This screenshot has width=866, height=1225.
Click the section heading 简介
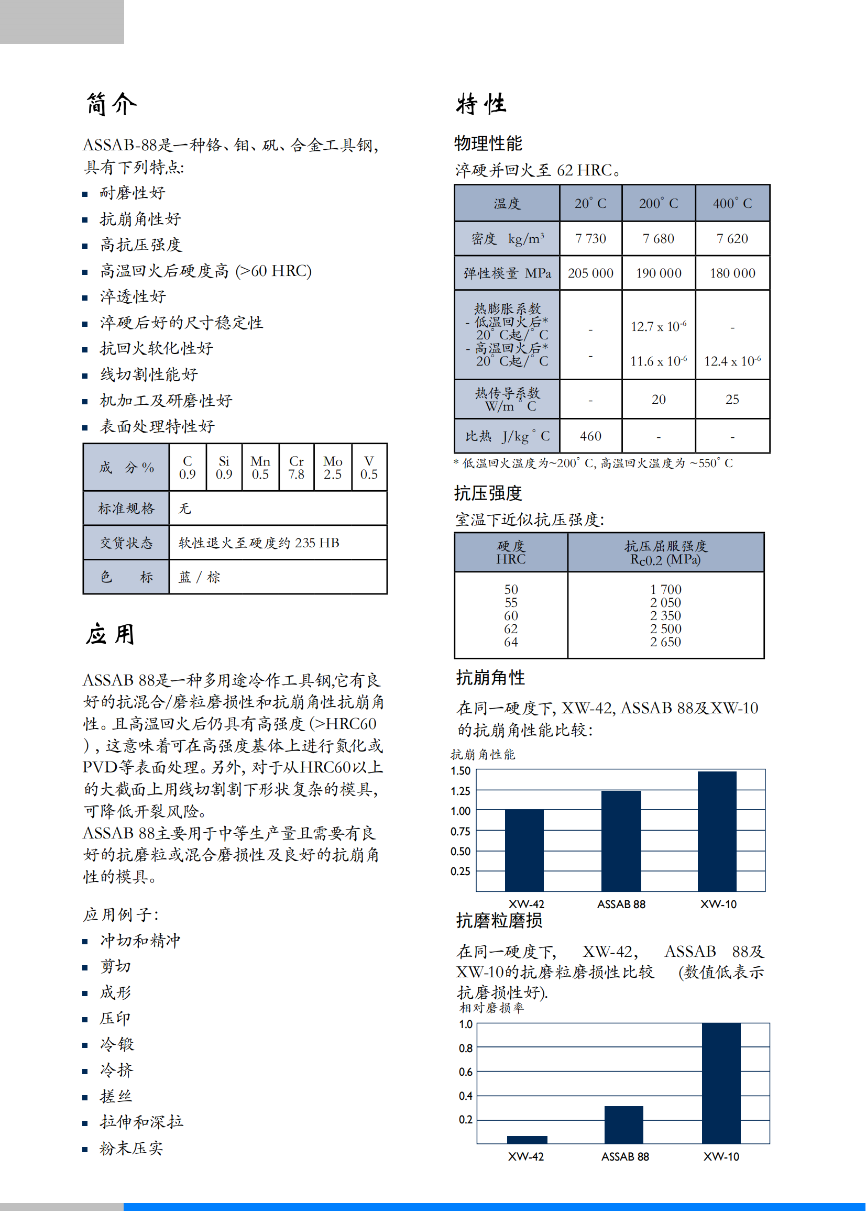coord(111,104)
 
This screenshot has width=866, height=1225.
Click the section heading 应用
coord(111,634)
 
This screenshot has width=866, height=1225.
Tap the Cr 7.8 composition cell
coord(296,467)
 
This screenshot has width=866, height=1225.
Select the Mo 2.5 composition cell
coord(333,467)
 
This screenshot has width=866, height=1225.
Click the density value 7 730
coord(590,238)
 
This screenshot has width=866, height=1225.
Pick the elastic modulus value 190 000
coord(659,273)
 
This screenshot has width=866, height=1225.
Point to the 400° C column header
coord(732,203)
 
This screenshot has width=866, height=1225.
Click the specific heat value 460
coord(590,436)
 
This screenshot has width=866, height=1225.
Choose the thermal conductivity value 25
coord(732,399)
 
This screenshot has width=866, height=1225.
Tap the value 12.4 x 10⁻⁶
coord(732,361)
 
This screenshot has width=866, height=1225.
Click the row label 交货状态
coord(126,543)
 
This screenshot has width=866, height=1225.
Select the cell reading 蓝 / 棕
coord(199,577)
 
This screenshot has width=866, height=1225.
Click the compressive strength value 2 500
coord(665,628)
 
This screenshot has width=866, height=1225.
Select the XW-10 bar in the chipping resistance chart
coord(717,831)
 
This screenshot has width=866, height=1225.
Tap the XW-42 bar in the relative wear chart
coord(527,1139)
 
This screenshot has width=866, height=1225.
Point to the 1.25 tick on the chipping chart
coord(461,791)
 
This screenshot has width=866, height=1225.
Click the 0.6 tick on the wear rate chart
coord(465,1072)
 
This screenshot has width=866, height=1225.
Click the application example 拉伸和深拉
coord(141,1122)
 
